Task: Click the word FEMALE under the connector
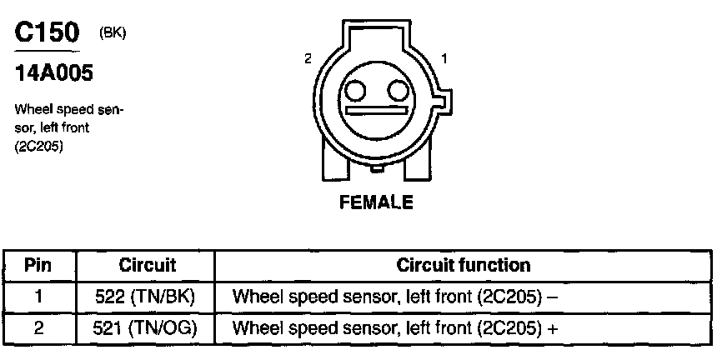pos(376,202)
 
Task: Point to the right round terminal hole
pos(398,90)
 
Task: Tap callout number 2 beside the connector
pos(308,59)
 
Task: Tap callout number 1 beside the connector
pos(444,59)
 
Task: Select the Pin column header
pos(38,266)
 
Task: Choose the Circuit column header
pos(148,266)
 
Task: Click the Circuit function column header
pos(463,266)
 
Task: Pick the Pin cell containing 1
pos(38,296)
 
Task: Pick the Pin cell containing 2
pos(38,327)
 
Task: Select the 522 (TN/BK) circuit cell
pos(148,296)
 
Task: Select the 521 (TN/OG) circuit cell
pos(148,327)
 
